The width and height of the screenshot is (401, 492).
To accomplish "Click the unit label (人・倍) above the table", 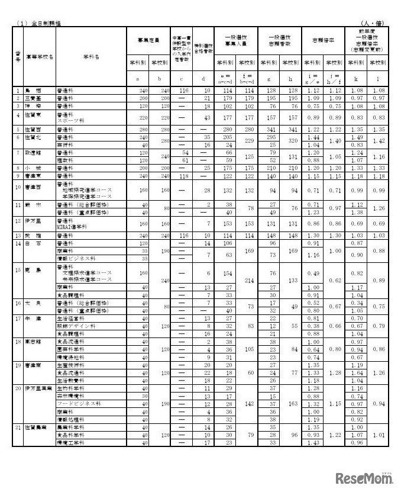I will [375, 22].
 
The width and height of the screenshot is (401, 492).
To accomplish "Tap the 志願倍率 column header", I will [323, 40].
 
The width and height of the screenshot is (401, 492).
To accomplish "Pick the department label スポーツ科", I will [71, 119].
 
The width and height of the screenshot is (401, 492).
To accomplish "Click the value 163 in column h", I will [291, 403].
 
